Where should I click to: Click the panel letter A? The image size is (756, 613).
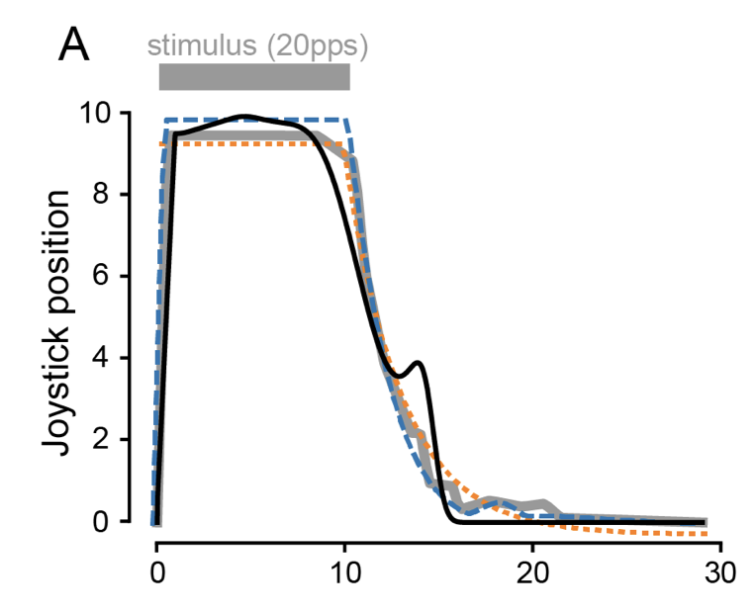[74, 44]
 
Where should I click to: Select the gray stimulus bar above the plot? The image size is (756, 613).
[254, 77]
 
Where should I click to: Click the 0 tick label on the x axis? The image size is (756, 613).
[156, 573]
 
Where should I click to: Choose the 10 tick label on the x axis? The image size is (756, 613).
[344, 573]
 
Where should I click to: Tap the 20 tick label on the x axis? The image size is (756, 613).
[532, 573]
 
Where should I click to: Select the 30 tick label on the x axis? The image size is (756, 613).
[720, 573]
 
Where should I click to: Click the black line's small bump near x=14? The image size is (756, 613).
[420, 363]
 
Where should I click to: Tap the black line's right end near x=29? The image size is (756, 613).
[704, 522]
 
